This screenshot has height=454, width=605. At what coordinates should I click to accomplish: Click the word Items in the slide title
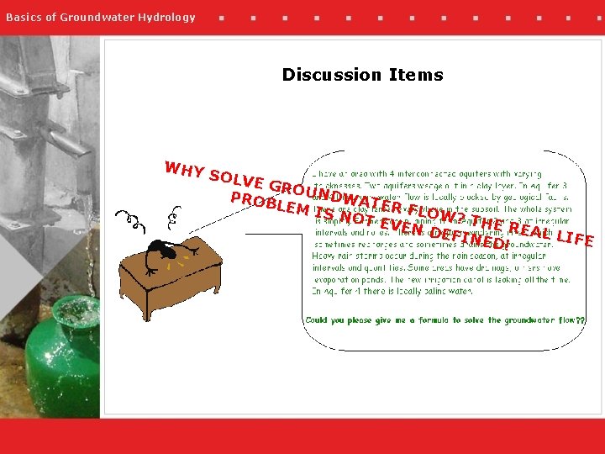415,75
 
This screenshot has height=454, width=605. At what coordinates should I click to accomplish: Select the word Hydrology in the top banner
167,18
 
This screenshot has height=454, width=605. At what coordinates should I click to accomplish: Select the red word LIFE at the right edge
576,238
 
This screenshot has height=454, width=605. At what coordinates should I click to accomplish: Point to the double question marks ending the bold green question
581,320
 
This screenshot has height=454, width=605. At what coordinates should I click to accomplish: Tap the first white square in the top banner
221,18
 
